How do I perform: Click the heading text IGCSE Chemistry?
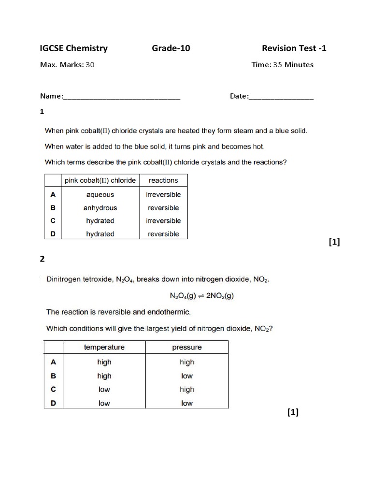[73, 48]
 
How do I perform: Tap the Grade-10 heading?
[168, 48]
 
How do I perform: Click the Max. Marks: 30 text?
[67, 65]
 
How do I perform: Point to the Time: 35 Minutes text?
[282, 65]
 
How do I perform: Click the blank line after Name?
[122, 97]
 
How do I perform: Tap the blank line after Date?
[281, 97]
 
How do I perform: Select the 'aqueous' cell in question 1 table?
[100, 195]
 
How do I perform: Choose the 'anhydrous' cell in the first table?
[100, 208]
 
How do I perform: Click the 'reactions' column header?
[163, 180]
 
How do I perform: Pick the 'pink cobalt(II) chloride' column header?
[100, 180]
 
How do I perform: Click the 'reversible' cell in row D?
[163, 234]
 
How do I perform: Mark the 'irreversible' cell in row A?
[163, 195]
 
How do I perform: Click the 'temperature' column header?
[104, 348]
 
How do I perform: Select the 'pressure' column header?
[187, 348]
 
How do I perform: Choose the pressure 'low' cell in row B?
[187, 376]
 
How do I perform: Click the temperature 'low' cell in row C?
[104, 390]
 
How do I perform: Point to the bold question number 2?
[43, 259]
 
